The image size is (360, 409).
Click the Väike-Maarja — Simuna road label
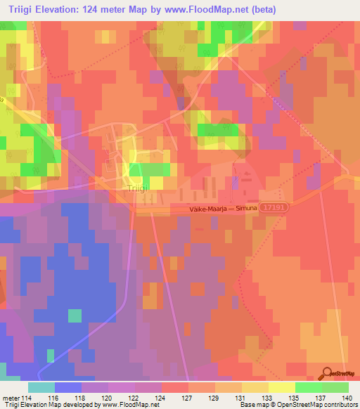tap(223, 209)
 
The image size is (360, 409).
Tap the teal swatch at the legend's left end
tap(41, 387)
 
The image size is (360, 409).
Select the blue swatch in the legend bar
tap(67, 387)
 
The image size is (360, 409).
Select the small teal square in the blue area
tap(74, 316)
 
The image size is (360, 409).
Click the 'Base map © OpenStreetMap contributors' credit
tap(298, 405)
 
